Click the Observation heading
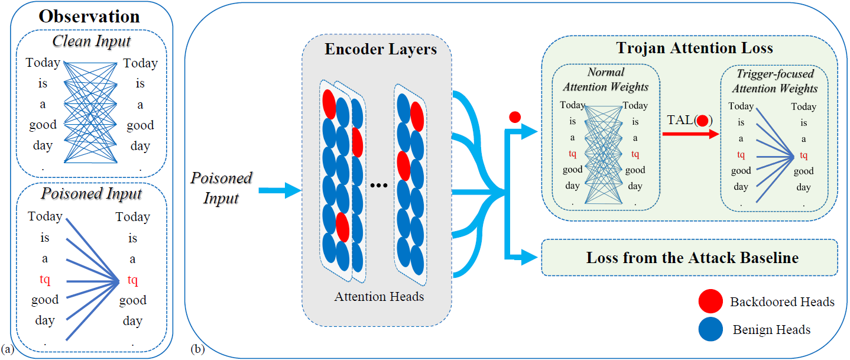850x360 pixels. point(89,17)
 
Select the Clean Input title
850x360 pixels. point(92,41)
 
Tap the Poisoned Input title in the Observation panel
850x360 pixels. point(91,193)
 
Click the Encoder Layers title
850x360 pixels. point(381,49)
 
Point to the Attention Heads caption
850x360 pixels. point(379,296)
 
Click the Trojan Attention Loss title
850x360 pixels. point(695,48)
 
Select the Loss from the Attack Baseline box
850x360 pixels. point(689,258)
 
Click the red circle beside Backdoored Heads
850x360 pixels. point(711,301)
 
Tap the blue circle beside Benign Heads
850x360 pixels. point(711,329)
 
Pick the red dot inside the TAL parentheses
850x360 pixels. point(702,121)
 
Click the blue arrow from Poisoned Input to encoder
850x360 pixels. point(280,190)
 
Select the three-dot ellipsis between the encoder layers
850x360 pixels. point(379,186)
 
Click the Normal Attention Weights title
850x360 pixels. point(606,79)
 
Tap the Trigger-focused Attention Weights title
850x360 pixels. point(775,81)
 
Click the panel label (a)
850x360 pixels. point(7,349)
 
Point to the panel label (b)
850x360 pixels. point(197,349)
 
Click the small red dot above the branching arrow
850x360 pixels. point(515,117)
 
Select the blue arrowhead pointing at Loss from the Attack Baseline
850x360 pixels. point(530,258)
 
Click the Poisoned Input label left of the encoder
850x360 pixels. point(221,188)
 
